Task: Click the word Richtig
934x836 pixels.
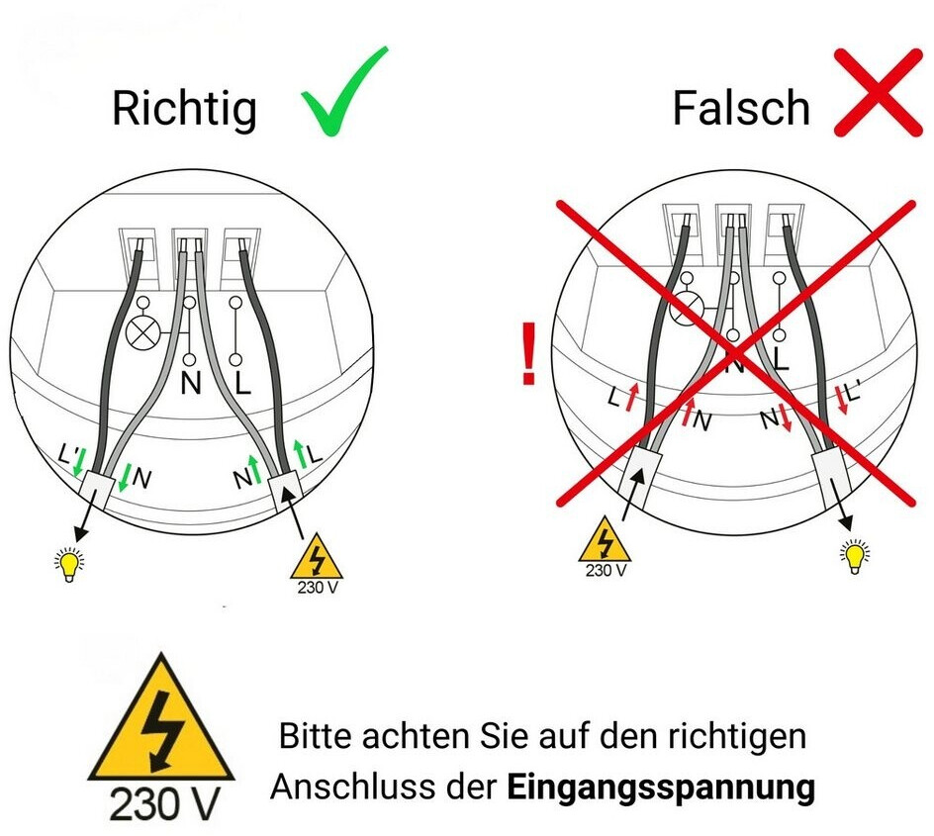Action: pyautogui.click(x=185, y=110)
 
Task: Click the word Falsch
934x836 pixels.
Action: pyautogui.click(x=742, y=108)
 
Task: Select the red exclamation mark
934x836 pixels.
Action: pyautogui.click(x=528, y=354)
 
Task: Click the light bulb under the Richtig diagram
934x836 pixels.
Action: pyautogui.click(x=69, y=565)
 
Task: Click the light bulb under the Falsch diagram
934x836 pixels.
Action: pyautogui.click(x=856, y=556)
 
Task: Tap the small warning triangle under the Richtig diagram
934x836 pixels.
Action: pyautogui.click(x=317, y=557)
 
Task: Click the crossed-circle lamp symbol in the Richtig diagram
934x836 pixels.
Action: pyautogui.click(x=142, y=332)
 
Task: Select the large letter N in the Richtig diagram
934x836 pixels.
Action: pyautogui.click(x=191, y=383)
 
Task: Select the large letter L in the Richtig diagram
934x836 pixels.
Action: pyautogui.click(x=241, y=383)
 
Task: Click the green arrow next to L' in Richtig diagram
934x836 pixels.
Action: pyautogui.click(x=78, y=461)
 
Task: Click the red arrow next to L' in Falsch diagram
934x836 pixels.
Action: pyautogui.click(x=842, y=400)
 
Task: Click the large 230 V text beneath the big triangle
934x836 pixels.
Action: pyautogui.click(x=165, y=804)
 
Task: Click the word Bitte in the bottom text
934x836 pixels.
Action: pyautogui.click(x=315, y=736)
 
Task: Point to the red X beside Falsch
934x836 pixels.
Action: pyautogui.click(x=878, y=92)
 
